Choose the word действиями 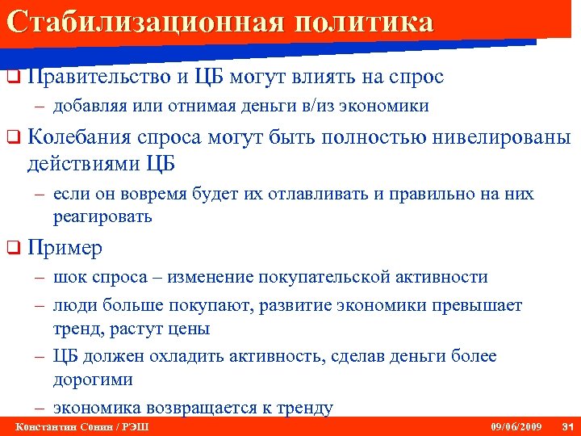click(x=84, y=163)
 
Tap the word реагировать click(x=102, y=216)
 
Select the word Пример click(x=65, y=248)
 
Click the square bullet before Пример click(x=12, y=248)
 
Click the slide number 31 click(x=566, y=426)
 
